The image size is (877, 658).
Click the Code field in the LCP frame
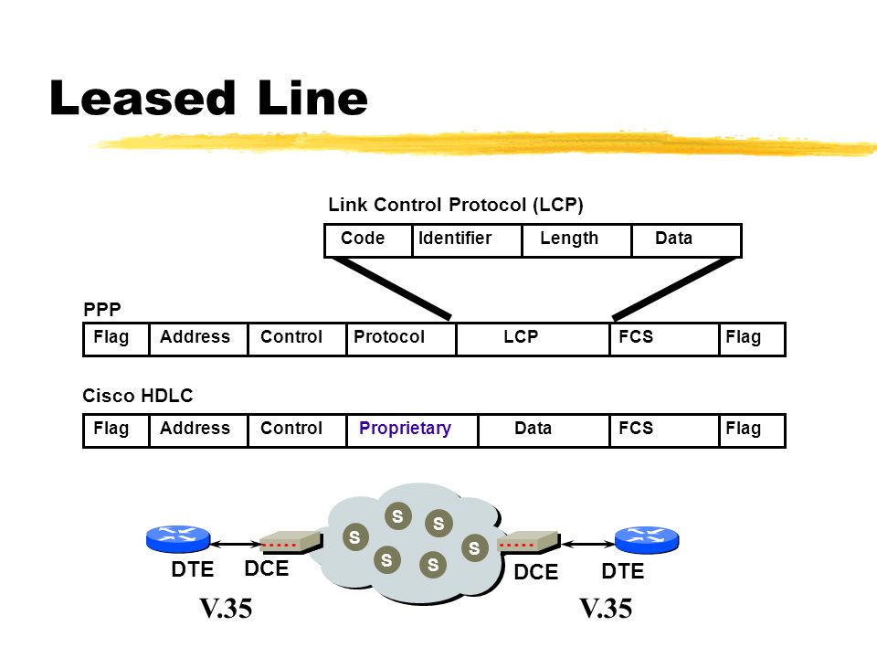(368, 240)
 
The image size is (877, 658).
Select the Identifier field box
(467, 240)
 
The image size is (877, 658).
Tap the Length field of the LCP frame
(576, 240)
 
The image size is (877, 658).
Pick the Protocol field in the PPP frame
(401, 339)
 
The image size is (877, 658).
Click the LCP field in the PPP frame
(533, 339)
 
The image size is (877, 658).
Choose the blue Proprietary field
(412, 430)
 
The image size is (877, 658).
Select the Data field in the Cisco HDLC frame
(544, 430)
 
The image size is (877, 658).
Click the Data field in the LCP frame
(686, 240)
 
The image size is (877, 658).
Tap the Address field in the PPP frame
(198, 339)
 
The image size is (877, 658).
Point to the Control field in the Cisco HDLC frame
(297, 430)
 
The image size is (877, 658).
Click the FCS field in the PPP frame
(664, 339)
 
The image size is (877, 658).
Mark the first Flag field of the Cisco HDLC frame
(116, 430)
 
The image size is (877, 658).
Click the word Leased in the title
(143, 98)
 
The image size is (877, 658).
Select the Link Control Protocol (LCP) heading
(455, 206)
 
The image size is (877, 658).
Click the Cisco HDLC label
(138, 396)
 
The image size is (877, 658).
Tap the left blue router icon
(178, 538)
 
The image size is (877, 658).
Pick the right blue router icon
(647, 539)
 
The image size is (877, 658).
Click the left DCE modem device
(291, 542)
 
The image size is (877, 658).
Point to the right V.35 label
(606, 609)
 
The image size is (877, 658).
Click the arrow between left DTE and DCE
(236, 543)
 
